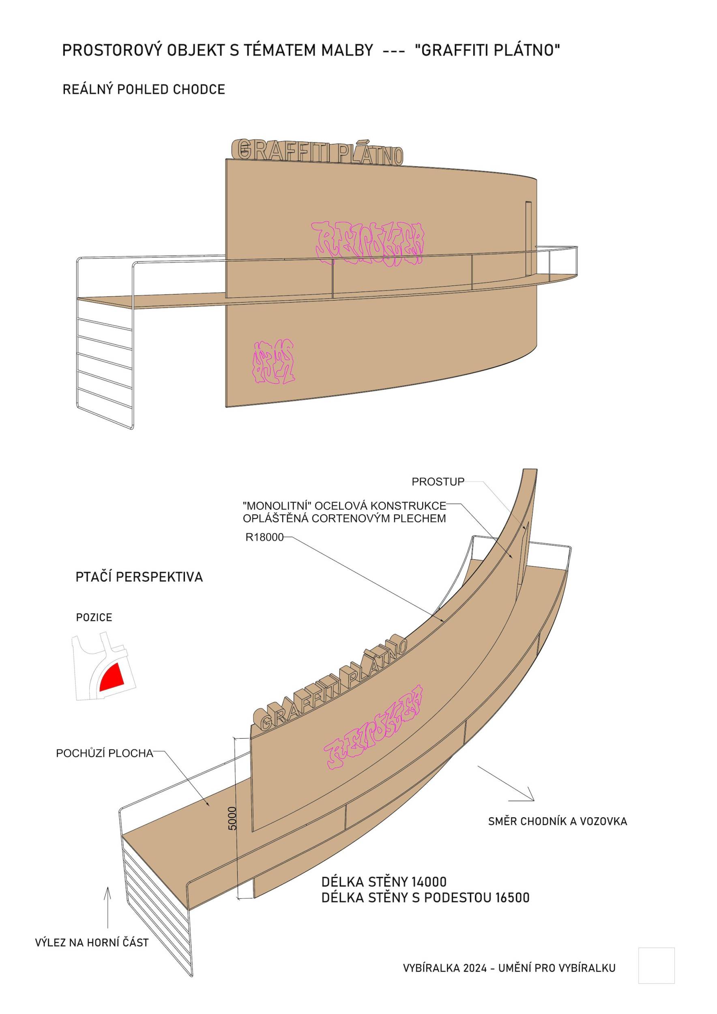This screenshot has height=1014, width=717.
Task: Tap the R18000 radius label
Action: pos(264,537)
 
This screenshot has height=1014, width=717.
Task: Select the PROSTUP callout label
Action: pos(438,482)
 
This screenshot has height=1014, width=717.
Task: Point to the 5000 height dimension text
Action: pos(233,818)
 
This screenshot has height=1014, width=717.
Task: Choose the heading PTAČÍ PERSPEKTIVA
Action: pos(139,577)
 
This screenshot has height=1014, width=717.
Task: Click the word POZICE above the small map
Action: pos(94,617)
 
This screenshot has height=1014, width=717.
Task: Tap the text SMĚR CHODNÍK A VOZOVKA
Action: pos(558,821)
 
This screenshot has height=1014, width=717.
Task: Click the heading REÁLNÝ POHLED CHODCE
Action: pos(144,90)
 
